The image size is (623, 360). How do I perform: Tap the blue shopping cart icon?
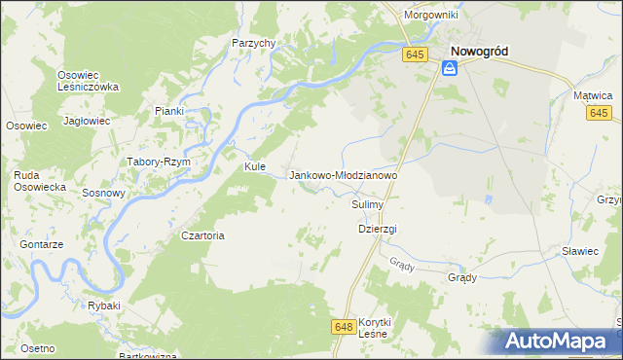click(x=449, y=68)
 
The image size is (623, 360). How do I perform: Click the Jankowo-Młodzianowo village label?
click(x=344, y=175)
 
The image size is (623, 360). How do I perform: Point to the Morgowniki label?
click(x=432, y=16)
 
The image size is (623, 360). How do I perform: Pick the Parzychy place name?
click(x=254, y=43)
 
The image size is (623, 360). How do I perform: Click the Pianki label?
click(x=168, y=111)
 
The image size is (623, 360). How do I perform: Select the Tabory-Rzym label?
click(x=158, y=162)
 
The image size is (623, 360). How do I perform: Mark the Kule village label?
click(x=255, y=166)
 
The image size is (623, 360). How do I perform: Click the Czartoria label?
click(x=203, y=235)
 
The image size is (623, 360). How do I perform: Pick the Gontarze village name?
click(x=41, y=244)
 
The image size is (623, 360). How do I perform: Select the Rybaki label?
click(x=103, y=306)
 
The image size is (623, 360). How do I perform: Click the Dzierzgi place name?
click(x=378, y=229)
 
